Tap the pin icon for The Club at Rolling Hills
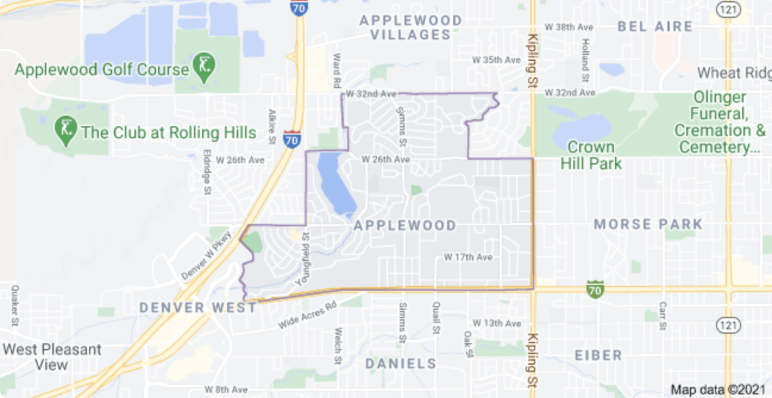[x=65, y=128]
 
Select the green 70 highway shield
[x=595, y=290]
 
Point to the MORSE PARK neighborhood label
[x=648, y=225]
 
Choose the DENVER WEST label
[x=198, y=307]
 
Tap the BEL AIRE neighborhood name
[x=655, y=26]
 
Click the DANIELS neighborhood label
[x=401, y=363]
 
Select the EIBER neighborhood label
[x=598, y=355]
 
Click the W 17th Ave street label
[x=468, y=257]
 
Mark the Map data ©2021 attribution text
[x=718, y=390]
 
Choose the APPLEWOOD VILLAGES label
[x=410, y=27]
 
